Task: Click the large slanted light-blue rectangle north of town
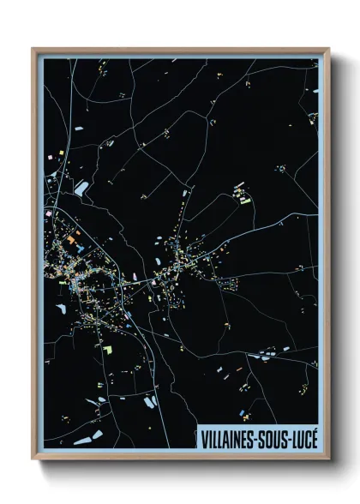82,186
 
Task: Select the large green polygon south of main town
108,350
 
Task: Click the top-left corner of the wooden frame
33,49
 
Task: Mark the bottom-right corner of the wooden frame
328,461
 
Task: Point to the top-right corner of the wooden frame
328,49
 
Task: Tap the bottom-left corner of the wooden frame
33,461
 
